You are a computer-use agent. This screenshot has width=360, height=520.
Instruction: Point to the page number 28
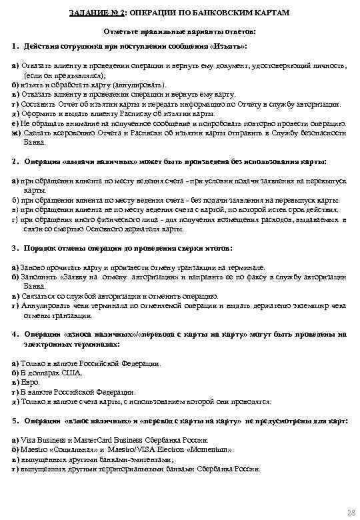pyautogui.click(x=351, y=511)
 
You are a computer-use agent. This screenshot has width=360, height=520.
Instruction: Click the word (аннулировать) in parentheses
pyautogui.click(x=144, y=86)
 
